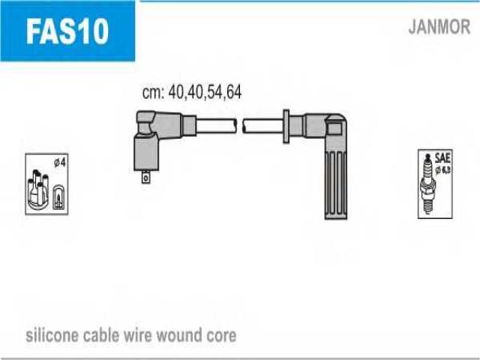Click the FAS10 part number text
coord(67,31)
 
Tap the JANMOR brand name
coord(439,27)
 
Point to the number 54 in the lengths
coord(215,91)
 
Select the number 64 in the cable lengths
coord(234,91)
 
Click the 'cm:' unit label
coord(154,92)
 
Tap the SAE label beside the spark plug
coord(442,158)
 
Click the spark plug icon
coord(427,184)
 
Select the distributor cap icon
coord(38,190)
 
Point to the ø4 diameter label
coord(60,163)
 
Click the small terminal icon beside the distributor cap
coord(58,197)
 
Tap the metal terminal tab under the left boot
coord(145,177)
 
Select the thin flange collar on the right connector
coord(286,126)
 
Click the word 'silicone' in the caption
coord(52,335)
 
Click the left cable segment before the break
coord(216,126)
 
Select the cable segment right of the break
coord(263,126)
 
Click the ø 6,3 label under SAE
coord(443,170)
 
